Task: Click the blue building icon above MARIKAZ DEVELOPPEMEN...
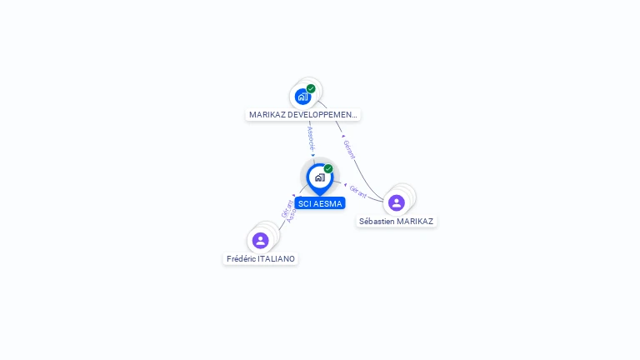(302, 97)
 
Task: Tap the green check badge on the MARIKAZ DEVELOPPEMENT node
(311, 88)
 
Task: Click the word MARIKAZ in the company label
(267, 115)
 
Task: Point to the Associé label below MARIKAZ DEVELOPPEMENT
(311, 137)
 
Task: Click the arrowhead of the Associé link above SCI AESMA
(313, 155)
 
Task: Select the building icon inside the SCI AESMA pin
(319, 177)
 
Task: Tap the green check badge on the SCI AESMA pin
(328, 168)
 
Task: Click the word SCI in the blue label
(305, 203)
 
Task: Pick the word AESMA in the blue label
(327, 203)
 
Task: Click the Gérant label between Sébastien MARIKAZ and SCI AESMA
(358, 191)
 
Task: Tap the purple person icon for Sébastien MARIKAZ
(397, 202)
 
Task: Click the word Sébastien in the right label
(377, 222)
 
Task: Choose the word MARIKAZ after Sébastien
(415, 222)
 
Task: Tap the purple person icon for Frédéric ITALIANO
(261, 240)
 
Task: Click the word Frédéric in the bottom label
(242, 259)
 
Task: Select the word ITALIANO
(277, 259)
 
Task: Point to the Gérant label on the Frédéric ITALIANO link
(286, 208)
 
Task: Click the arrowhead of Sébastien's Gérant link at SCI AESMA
(345, 184)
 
